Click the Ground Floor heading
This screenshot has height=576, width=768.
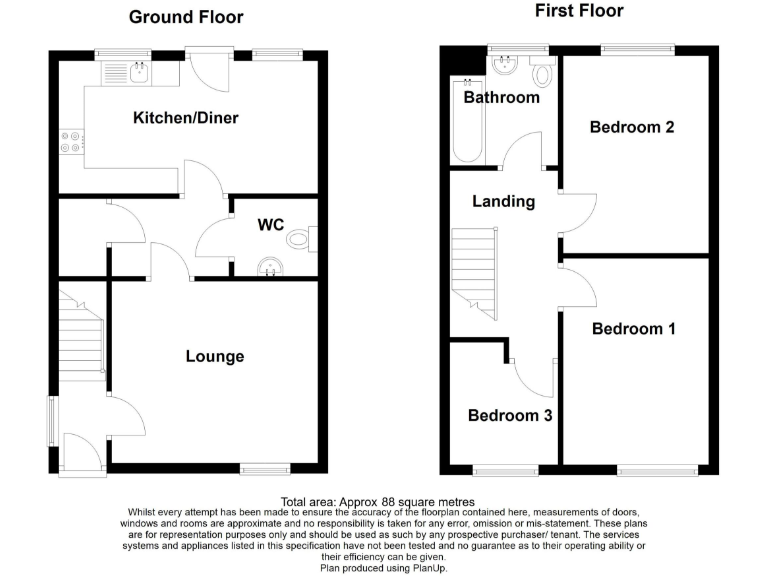(186, 17)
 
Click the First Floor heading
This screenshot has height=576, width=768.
(579, 11)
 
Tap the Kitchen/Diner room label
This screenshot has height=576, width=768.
(186, 119)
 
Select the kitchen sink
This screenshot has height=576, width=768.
(138, 72)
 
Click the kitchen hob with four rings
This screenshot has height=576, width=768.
(71, 143)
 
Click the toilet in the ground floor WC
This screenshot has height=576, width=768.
(300, 240)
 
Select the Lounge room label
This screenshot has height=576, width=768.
(215, 356)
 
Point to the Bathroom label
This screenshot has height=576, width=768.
(501, 98)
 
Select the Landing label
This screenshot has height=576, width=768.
(504, 201)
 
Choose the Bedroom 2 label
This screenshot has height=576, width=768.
(631, 127)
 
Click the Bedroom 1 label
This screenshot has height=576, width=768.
(633, 329)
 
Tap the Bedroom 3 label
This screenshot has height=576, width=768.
(510, 415)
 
